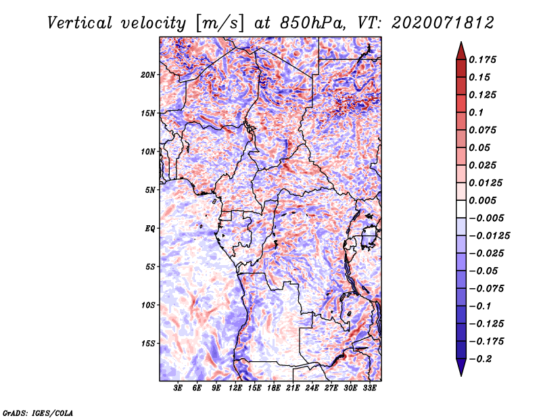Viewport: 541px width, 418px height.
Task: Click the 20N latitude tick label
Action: click(148, 75)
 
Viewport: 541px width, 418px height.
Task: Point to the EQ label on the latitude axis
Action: click(150, 229)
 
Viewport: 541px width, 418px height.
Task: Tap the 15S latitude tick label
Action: click(148, 344)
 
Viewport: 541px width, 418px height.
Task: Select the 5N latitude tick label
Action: click(150, 190)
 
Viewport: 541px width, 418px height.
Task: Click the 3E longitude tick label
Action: click(178, 388)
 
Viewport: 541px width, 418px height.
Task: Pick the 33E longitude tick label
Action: click(369, 388)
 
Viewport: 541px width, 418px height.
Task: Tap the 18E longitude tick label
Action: click(274, 388)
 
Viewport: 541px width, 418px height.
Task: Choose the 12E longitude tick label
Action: click(235, 388)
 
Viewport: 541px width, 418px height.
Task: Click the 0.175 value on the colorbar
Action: click(482, 60)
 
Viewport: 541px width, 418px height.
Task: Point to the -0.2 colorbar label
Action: click(480, 359)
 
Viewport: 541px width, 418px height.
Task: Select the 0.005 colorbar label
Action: click(482, 200)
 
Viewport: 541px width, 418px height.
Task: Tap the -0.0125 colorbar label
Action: click(489, 236)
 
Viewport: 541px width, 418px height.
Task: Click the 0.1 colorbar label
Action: click(476, 112)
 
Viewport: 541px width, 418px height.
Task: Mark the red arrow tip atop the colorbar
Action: click(461, 42)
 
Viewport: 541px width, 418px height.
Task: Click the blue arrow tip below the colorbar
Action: click(461, 375)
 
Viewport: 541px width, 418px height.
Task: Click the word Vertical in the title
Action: click(80, 23)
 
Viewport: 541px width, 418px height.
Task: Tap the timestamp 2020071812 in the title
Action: click(443, 23)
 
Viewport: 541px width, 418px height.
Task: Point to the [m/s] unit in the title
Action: click(220, 24)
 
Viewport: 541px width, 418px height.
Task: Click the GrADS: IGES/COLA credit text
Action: click(38, 413)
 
